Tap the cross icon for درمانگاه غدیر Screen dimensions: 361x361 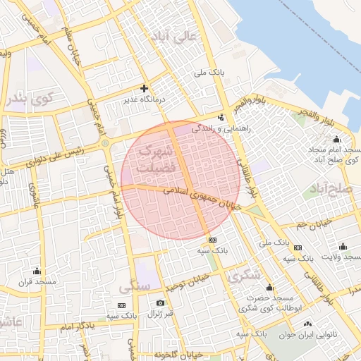point(145,89)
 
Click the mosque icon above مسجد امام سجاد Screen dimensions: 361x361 point(336,139)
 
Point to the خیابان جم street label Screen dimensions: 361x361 point(310,225)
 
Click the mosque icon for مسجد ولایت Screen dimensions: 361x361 point(343,246)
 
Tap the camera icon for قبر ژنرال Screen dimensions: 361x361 point(160,303)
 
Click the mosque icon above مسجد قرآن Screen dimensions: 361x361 point(37,271)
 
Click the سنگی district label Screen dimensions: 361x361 point(136,288)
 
